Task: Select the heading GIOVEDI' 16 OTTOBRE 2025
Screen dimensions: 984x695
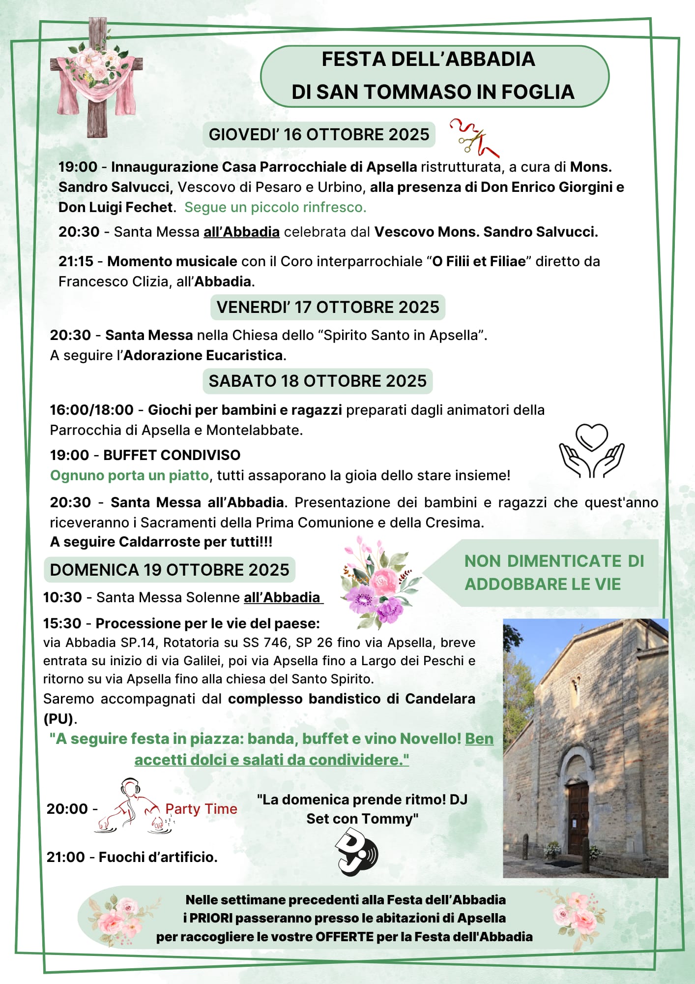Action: coord(319,135)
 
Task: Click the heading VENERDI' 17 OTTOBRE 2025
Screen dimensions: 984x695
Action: coord(328,307)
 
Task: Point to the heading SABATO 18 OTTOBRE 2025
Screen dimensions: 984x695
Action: coord(318,381)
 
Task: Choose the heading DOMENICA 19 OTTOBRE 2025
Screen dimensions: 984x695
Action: coord(170,570)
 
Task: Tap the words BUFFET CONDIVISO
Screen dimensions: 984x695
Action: coord(172,455)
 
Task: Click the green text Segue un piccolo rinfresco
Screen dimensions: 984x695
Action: coord(275,207)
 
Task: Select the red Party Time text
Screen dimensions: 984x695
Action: coord(201,809)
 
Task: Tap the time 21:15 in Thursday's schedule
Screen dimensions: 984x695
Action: coord(76,261)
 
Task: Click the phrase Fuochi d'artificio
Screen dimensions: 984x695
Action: coord(158,857)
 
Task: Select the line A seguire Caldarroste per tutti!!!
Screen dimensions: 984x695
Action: coord(161,542)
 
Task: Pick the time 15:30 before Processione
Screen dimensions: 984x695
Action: coord(62,623)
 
